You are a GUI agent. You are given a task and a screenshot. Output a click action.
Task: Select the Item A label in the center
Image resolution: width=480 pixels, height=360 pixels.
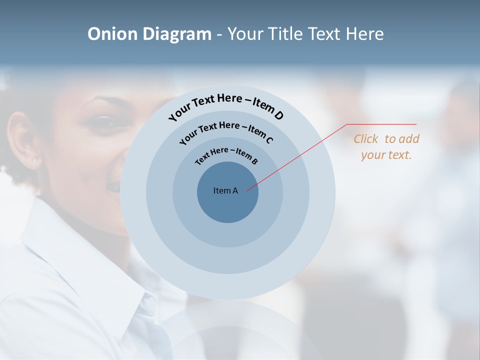click(225, 190)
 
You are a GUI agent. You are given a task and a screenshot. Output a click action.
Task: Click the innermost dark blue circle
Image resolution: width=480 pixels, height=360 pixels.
click(227, 207)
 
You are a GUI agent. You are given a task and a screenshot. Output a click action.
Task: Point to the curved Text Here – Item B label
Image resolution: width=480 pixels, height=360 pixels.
click(226, 154)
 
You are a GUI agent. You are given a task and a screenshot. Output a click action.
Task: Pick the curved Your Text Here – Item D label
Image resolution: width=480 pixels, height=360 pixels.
click(226, 104)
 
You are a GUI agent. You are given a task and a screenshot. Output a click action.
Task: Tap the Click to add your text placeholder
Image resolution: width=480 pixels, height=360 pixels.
click(386, 147)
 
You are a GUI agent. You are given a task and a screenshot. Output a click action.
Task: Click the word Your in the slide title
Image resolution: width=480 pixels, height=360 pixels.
click(246, 34)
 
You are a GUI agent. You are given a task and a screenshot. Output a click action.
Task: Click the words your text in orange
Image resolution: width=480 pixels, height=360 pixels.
click(386, 155)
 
